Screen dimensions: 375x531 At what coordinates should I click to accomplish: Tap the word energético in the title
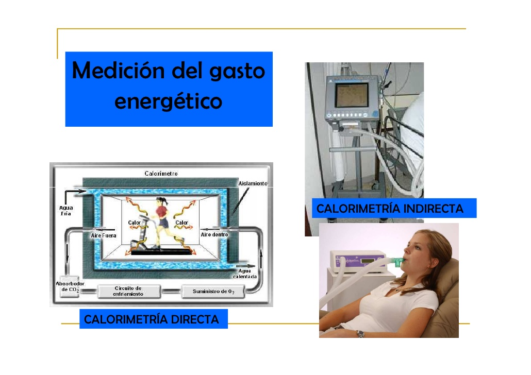click(x=168, y=100)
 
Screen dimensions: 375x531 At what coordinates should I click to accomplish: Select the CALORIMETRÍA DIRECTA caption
click(x=151, y=319)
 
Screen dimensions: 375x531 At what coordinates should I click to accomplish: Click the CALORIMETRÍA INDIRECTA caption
click(x=390, y=209)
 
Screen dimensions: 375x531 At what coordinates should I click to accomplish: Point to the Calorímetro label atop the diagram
click(x=161, y=174)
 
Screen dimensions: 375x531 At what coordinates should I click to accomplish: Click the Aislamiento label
click(x=253, y=184)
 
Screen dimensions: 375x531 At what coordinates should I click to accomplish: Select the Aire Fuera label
click(x=104, y=235)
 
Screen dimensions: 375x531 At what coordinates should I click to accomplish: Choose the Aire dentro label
click(x=214, y=235)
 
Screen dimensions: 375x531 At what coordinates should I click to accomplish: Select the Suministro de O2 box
click(x=213, y=292)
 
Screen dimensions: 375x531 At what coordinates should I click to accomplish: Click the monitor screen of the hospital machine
click(x=351, y=95)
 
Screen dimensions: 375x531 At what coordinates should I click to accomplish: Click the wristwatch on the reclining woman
click(x=360, y=334)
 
